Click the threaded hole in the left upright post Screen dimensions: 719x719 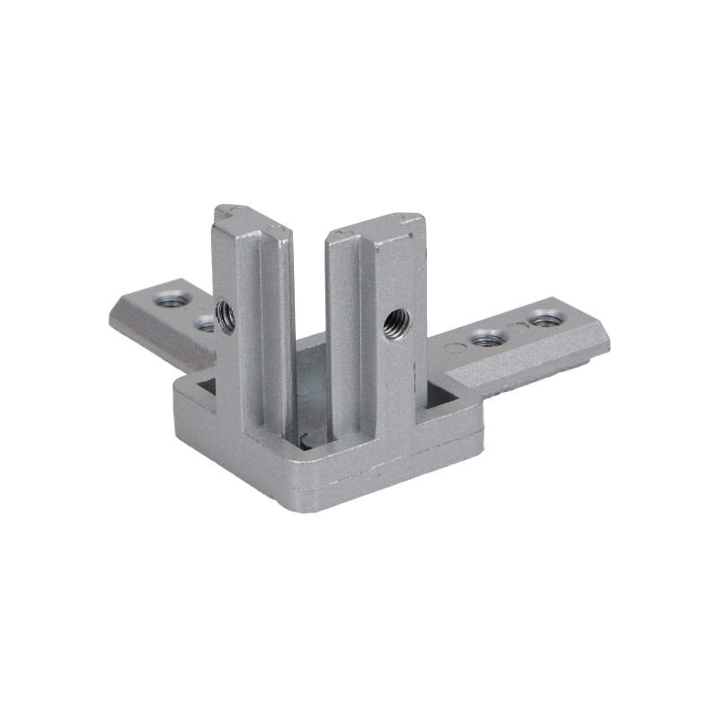click(x=225, y=315)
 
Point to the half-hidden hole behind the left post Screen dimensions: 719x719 click(x=206, y=323)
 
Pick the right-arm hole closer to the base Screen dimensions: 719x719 click(x=486, y=339)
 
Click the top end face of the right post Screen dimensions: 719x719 click(x=376, y=226)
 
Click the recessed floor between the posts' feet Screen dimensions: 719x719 click(x=310, y=377)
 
